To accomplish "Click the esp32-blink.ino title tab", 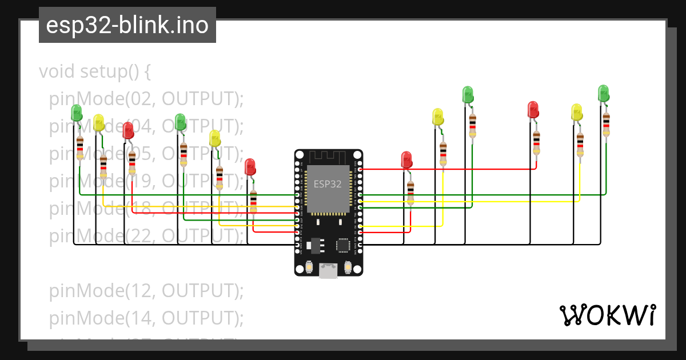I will pyautogui.click(x=127, y=25).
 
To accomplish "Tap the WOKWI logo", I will pyautogui.click(x=607, y=315).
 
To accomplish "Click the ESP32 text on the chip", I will pyautogui.click(x=328, y=184).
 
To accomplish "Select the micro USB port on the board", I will pyautogui.click(x=328, y=270).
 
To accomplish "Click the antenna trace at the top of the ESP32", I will pyautogui.click(x=328, y=157).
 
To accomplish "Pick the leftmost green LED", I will pyautogui.click(x=77, y=113).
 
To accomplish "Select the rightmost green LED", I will pyautogui.click(x=603, y=93).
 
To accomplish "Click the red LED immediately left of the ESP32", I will pyautogui.click(x=250, y=167).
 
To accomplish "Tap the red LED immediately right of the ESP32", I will pyautogui.click(x=406, y=159).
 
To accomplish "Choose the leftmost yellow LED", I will pyautogui.click(x=99, y=122).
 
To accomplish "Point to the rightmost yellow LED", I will pyautogui.click(x=577, y=112).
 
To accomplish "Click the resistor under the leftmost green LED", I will pyautogui.click(x=80, y=147).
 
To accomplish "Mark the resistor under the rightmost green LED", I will pyautogui.click(x=606, y=125).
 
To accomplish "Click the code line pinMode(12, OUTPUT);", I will pyautogui.click(x=146, y=291).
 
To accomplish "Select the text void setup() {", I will pyautogui.click(x=95, y=71).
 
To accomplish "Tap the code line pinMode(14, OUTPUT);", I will pyautogui.click(x=146, y=318).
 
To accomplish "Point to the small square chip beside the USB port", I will pyautogui.click(x=343, y=245).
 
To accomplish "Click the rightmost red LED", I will pyautogui.click(x=533, y=110).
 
